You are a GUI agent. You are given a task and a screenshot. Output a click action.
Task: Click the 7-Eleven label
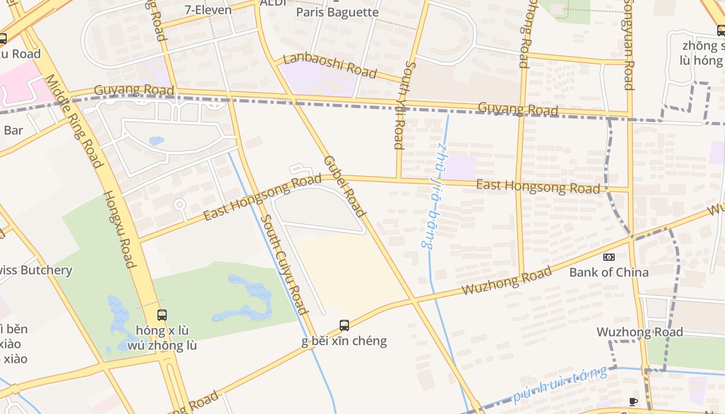pyautogui.click(x=208, y=10)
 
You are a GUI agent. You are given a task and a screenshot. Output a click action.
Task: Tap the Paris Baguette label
pyautogui.click(x=337, y=12)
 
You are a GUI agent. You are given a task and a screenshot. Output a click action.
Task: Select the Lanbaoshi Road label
pyautogui.click(x=330, y=65)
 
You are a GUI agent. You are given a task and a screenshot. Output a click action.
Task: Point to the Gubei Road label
pyautogui.click(x=345, y=186)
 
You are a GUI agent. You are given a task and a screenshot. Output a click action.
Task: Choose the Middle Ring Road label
pyautogui.click(x=73, y=121)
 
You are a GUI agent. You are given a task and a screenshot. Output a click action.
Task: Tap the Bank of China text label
pyautogui.click(x=608, y=272)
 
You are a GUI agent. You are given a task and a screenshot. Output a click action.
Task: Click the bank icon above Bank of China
pyautogui.click(x=609, y=257)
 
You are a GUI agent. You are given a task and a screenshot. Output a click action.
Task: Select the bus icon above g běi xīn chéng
pyautogui.click(x=344, y=326)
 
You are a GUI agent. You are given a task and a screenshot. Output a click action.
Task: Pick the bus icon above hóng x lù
pyautogui.click(x=162, y=315)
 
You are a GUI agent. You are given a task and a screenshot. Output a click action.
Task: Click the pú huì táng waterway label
pyautogui.click(x=560, y=385)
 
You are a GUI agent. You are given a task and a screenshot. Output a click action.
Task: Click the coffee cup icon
pyautogui.click(x=633, y=402)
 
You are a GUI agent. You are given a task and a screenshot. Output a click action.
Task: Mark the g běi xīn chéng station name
pyautogui.click(x=344, y=341)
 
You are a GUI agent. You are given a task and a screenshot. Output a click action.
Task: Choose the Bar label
pyautogui.click(x=13, y=130)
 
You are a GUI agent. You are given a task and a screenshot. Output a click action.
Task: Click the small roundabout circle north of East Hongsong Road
pyautogui.click(x=180, y=204)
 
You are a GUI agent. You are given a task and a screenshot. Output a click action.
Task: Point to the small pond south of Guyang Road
pyautogui.click(x=156, y=141)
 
